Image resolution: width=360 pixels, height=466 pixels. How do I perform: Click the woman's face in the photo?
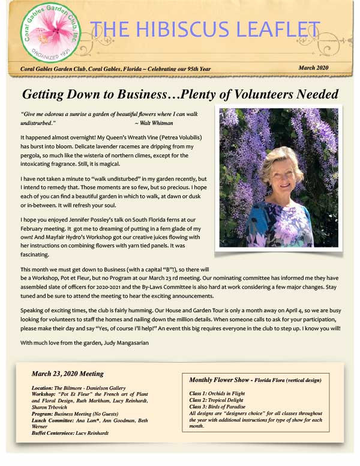(281, 174)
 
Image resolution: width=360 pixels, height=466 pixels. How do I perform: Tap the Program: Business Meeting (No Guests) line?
(75, 414)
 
